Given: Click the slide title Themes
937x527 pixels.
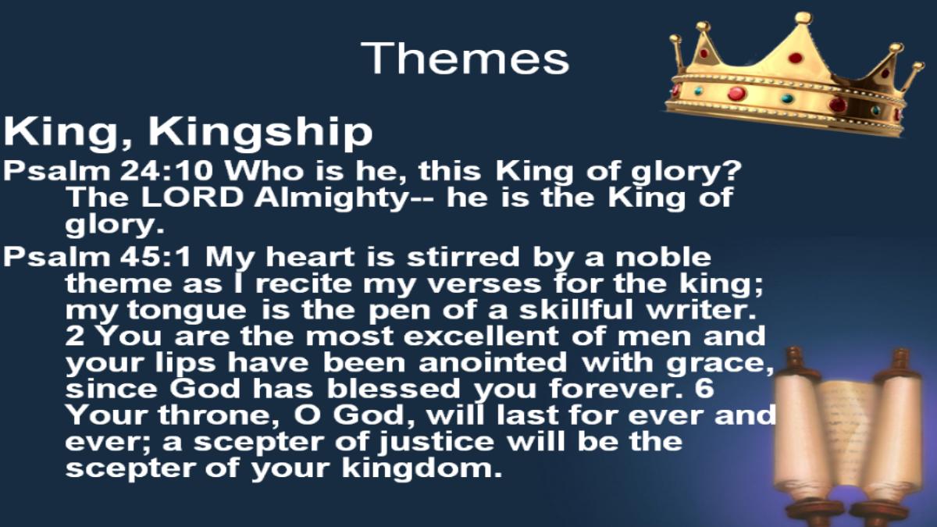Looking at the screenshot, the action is click(x=465, y=58).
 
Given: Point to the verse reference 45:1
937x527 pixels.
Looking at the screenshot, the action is click(x=155, y=256).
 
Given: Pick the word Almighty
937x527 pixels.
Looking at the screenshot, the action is click(x=330, y=200).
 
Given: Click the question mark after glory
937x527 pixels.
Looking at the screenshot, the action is click(x=732, y=171).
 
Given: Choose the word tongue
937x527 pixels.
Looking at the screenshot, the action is click(x=187, y=312).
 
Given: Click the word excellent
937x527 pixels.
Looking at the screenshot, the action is click(x=481, y=336).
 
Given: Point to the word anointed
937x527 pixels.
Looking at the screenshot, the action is click(x=493, y=361).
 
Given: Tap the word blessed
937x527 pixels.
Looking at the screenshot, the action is click(x=394, y=388).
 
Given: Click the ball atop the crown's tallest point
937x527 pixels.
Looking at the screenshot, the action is click(x=803, y=18).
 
